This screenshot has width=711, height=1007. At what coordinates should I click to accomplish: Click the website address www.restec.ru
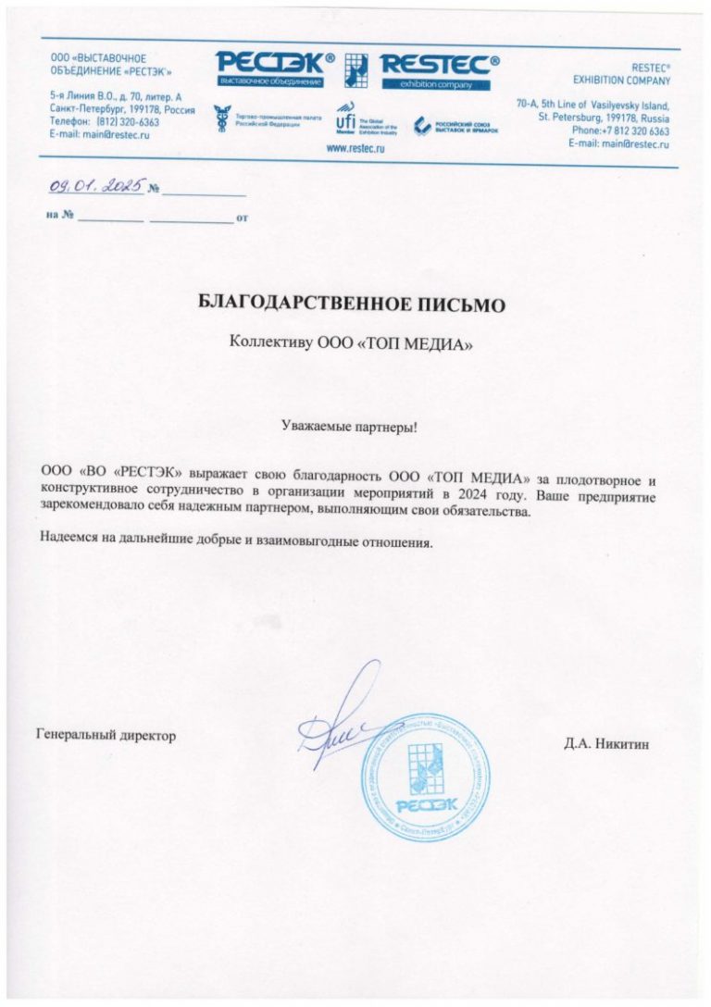click(355, 147)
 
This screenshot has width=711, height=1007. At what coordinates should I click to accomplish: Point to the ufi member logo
click(345, 119)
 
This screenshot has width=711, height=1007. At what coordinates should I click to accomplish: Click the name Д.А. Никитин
click(606, 743)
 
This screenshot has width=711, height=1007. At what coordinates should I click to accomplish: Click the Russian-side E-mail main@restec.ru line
click(100, 134)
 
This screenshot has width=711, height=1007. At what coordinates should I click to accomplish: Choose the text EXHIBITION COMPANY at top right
click(621, 81)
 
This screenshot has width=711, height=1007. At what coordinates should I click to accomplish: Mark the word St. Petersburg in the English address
click(572, 118)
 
